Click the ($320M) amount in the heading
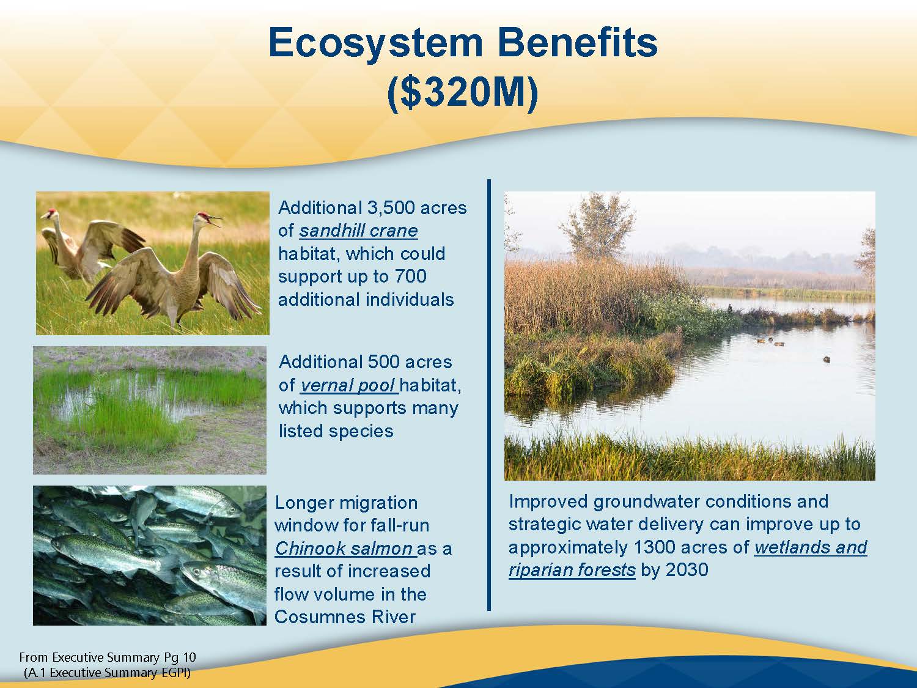463,93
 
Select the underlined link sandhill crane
358,231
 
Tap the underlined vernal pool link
349,385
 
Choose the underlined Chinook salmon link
345,549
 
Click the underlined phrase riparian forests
572,570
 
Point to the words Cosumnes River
345,617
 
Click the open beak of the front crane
216,221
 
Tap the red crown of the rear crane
51,212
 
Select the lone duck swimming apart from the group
826,359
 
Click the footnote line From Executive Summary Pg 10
108,657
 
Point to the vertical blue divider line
489,395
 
